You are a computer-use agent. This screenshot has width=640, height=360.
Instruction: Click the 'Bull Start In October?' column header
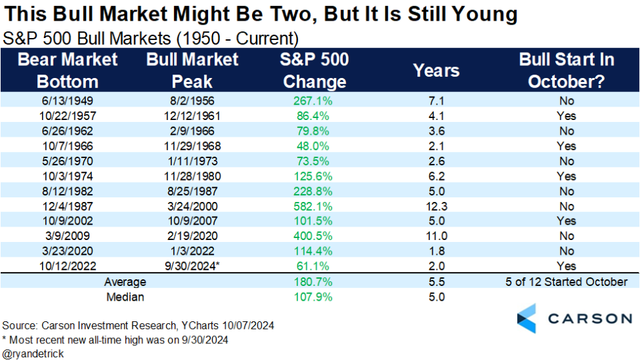[567, 70]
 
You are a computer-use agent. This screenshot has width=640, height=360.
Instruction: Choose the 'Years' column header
[437, 70]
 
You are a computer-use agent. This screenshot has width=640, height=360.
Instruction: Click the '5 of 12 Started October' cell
[567, 281]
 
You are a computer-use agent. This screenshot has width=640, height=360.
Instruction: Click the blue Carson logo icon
[527, 318]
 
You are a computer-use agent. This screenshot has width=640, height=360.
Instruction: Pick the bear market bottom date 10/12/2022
[67, 266]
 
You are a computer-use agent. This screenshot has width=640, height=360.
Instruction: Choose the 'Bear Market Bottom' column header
[67, 70]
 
